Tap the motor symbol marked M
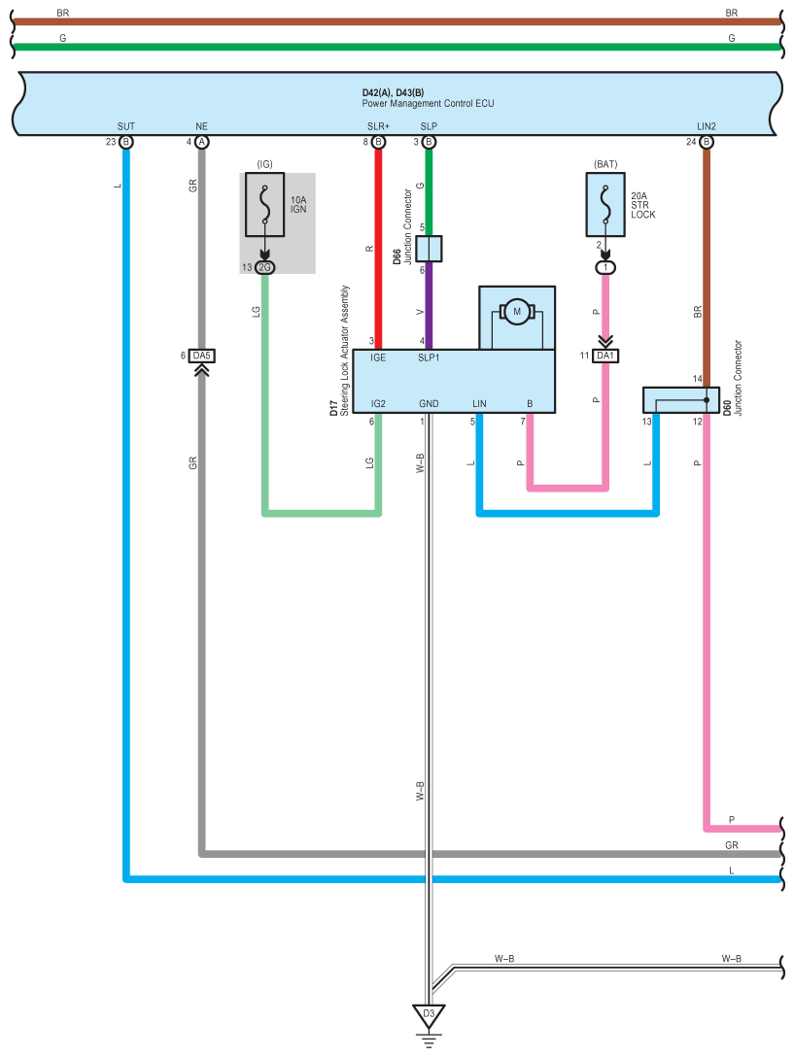[517, 312]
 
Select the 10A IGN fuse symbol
[264, 204]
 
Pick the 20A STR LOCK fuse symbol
[605, 204]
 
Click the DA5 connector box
[202, 356]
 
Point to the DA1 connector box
[605, 356]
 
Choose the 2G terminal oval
[265, 267]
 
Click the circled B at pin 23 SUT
[126, 142]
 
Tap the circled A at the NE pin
[202, 142]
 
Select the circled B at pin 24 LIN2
[707, 142]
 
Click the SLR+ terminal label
[378, 126]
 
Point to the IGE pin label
[378, 358]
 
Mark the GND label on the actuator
[429, 404]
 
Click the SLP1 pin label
[429, 358]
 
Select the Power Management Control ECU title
[428, 103]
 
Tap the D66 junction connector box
[429, 249]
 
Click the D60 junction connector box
[680, 399]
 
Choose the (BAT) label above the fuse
[605, 164]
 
